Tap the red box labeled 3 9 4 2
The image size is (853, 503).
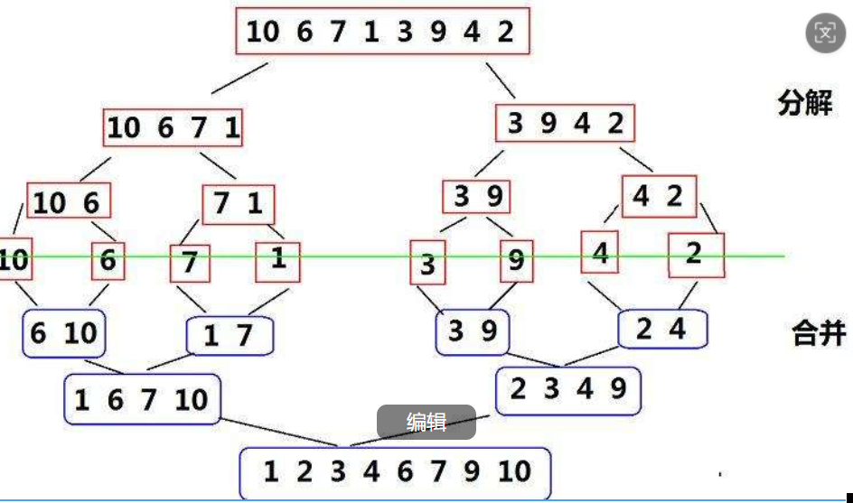click(565, 124)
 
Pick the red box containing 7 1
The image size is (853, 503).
click(239, 205)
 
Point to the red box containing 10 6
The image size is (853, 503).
click(69, 202)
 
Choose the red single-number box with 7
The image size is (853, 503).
click(190, 264)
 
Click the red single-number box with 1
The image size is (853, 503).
click(277, 260)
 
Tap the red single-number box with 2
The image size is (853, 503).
click(696, 255)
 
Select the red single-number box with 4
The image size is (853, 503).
click(600, 253)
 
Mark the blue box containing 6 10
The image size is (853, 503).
click(63, 333)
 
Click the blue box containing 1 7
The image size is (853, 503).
click(230, 337)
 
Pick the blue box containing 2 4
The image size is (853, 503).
click(662, 330)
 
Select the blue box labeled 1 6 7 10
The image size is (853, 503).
click(141, 399)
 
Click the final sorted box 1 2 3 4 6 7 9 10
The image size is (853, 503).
click(395, 472)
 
